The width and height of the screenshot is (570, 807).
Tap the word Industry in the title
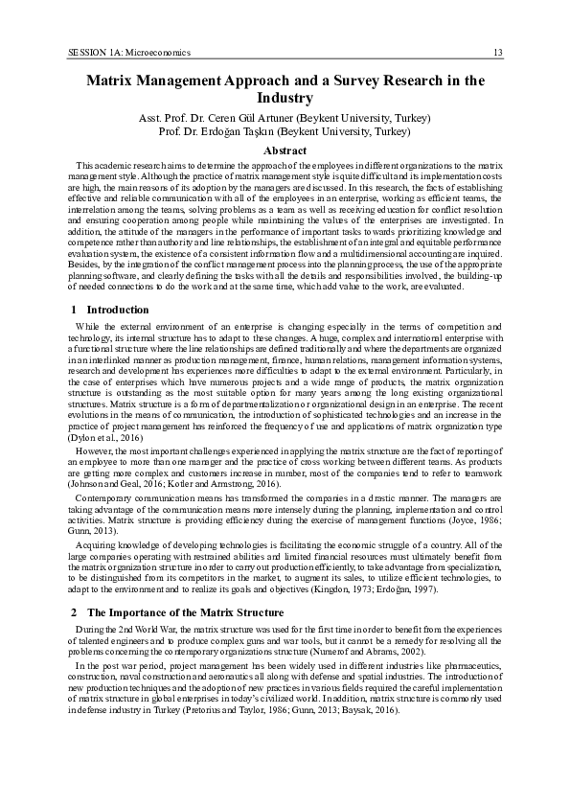tap(285, 98)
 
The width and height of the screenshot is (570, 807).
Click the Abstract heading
tap(285, 150)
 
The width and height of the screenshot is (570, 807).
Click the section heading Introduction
tap(118, 310)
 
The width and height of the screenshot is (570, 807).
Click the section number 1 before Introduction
tap(75, 310)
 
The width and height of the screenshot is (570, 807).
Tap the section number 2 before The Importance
tap(75, 611)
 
